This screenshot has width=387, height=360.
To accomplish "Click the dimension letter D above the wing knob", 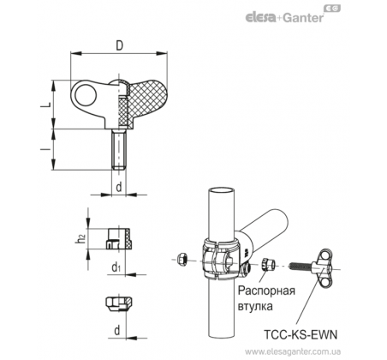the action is pyautogui.click(x=119, y=45).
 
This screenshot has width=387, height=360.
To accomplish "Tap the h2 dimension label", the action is pyautogui.click(x=80, y=239).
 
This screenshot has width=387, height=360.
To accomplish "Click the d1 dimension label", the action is pyautogui.click(x=116, y=267).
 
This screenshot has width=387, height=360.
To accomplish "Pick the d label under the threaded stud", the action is pyautogui.click(x=119, y=188).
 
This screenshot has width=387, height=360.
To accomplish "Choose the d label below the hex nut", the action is pyautogui.click(x=117, y=330).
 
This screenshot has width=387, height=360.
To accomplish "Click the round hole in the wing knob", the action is pyautogui.click(x=85, y=93).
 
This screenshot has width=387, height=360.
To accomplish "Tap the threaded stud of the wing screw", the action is pyautogui.click(x=118, y=149).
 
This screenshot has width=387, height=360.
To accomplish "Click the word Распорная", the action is pyautogui.click(x=266, y=291).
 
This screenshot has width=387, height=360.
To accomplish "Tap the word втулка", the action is pyautogui.click(x=255, y=306).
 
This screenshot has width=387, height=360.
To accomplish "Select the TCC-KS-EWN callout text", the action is pyautogui.click(x=301, y=334).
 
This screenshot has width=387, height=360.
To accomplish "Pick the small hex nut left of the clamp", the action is pyautogui.click(x=182, y=260).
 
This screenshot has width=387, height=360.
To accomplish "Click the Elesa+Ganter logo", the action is pyautogui.click(x=293, y=15).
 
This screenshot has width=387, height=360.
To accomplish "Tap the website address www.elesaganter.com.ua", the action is pyautogui.click(x=293, y=351).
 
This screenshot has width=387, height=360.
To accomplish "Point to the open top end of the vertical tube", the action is pyautogui.click(x=222, y=190).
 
